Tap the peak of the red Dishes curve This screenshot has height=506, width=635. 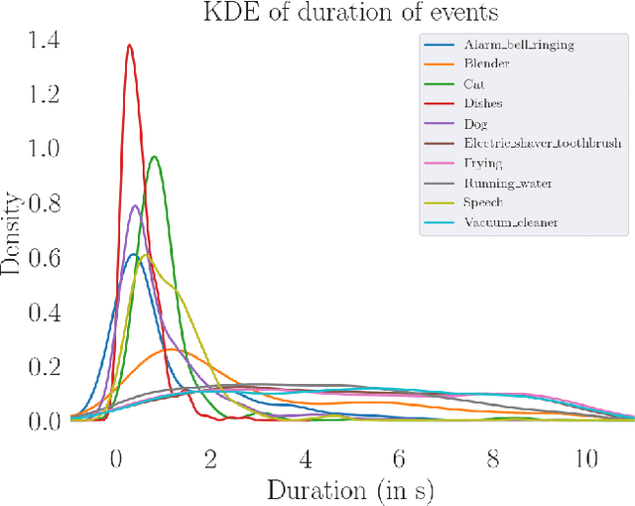pyautogui.click(x=129, y=45)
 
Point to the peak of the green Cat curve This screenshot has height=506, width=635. pyautogui.click(x=154, y=157)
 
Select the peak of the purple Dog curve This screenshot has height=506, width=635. pyautogui.click(x=135, y=205)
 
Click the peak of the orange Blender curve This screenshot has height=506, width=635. pyautogui.click(x=172, y=349)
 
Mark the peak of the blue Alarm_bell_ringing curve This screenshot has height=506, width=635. pyautogui.click(x=133, y=255)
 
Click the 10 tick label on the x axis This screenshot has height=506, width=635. pyautogui.click(x=587, y=459)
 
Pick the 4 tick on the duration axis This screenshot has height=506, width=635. pyautogui.click(x=305, y=459)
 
